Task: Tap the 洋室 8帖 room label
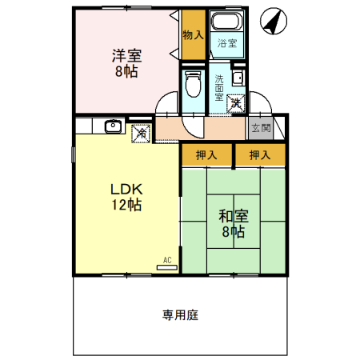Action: (126, 63)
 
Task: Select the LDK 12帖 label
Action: (126, 197)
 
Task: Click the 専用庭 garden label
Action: (180, 314)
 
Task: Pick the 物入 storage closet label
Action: (193, 35)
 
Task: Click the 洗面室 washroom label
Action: (219, 88)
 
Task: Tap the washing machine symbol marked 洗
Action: (237, 103)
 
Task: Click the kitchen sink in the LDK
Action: (113, 126)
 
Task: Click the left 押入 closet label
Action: (206, 155)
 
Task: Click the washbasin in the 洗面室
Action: (238, 78)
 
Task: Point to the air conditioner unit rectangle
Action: (167, 268)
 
